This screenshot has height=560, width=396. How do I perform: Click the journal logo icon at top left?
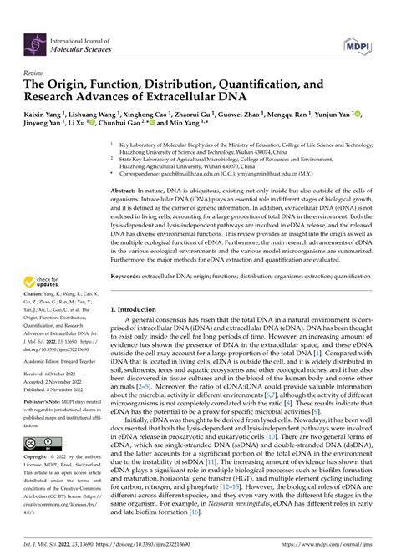pyautogui.click(x=36, y=42)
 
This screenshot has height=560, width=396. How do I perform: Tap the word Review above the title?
pyautogui.click(x=36, y=72)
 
